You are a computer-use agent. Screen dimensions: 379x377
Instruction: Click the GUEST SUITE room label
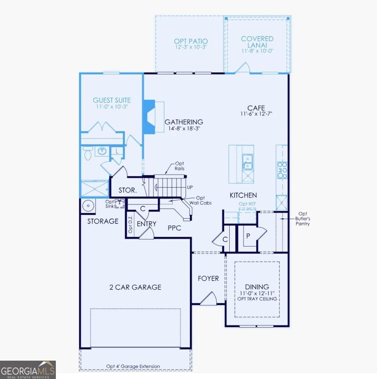[x=112, y=100]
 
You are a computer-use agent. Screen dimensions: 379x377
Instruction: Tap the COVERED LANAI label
[x=257, y=42]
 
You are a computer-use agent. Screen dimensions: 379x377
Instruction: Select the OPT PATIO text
[x=191, y=41]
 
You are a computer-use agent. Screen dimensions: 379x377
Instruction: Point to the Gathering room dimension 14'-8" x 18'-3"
[x=183, y=129]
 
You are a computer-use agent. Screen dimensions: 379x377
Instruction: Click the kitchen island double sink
[x=247, y=162]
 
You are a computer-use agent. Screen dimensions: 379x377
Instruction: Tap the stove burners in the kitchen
[x=282, y=170]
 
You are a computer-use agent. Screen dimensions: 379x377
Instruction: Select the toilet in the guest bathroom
[x=88, y=153]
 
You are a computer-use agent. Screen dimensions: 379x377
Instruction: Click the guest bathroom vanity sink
[x=102, y=151]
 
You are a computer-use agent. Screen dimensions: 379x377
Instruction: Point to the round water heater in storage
[x=88, y=206]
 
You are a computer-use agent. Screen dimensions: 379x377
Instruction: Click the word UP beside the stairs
[x=190, y=187]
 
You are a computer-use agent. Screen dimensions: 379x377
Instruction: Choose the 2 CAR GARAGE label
[x=135, y=287]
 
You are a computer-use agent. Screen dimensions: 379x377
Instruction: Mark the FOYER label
[x=208, y=278]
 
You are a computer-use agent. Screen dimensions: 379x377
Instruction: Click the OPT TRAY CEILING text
[x=257, y=299]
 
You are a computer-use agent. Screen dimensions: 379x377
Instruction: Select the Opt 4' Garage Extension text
[x=133, y=366]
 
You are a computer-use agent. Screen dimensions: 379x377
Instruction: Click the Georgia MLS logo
[x=28, y=369]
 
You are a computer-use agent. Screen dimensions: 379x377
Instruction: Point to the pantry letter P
[x=248, y=235]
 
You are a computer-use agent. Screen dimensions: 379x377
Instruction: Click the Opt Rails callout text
[x=180, y=166]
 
